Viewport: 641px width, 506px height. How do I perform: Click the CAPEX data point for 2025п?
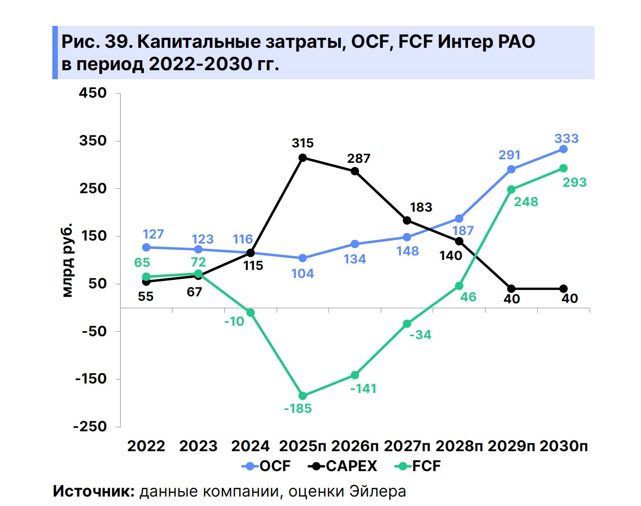point(303,158)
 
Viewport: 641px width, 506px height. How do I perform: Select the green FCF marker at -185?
point(303,396)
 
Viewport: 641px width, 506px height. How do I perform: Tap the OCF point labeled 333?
point(563,149)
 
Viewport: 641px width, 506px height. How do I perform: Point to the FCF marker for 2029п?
point(511,190)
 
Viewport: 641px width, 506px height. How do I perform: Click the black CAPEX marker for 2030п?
point(563,289)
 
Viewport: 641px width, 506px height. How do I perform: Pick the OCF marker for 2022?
point(146,248)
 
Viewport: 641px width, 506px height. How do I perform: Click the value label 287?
point(358,159)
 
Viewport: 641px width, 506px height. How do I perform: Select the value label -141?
point(363,389)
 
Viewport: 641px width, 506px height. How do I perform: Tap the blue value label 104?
point(303,273)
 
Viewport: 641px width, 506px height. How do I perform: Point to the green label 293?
point(575,183)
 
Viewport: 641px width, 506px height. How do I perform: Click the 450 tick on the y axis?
point(93,93)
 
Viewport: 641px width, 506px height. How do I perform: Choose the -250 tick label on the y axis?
point(90,427)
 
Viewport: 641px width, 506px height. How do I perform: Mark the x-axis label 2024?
point(250,446)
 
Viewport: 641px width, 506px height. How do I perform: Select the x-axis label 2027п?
point(407,446)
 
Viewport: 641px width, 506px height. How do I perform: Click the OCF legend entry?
point(266,466)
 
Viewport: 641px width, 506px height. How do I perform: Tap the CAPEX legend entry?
point(343,466)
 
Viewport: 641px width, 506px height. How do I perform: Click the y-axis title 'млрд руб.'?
point(67,260)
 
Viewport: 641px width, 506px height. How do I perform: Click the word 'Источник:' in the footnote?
point(94,492)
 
